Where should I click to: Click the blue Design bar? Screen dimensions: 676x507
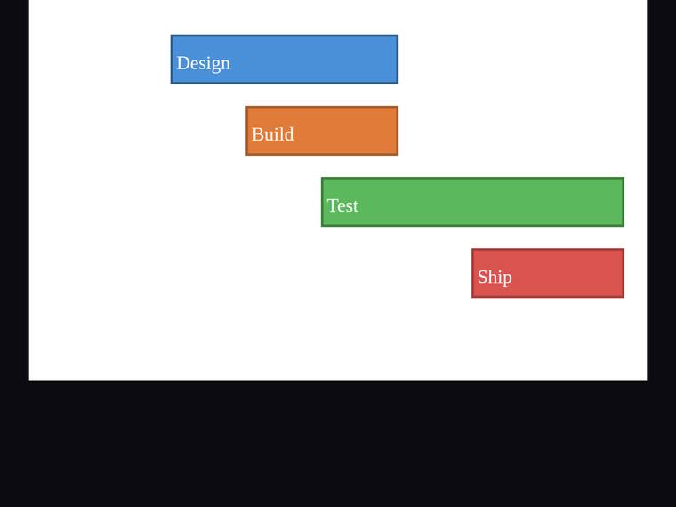(x=285, y=60)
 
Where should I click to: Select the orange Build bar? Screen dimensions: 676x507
(x=322, y=131)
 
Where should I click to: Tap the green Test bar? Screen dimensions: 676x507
(x=472, y=202)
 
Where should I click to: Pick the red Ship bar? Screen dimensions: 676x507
(x=548, y=273)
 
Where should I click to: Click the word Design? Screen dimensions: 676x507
(x=204, y=64)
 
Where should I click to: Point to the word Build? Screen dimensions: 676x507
(x=273, y=134)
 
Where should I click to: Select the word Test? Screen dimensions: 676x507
(x=342, y=205)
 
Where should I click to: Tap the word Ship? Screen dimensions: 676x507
(x=495, y=278)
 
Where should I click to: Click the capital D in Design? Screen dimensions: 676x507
(x=183, y=63)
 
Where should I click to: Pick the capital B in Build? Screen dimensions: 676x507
(x=258, y=134)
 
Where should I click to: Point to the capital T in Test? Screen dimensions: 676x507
(x=334, y=205)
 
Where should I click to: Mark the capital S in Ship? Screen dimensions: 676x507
(x=482, y=277)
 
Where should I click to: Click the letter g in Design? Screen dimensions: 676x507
(x=215, y=67)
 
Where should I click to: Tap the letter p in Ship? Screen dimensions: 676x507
(x=507, y=280)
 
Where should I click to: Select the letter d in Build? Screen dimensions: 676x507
(x=289, y=134)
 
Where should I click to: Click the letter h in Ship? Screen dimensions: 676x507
(x=493, y=277)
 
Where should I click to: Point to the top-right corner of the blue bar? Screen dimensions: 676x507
(x=398, y=36)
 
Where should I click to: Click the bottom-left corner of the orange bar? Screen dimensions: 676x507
(x=246, y=155)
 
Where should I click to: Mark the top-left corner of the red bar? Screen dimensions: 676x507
(x=472, y=249)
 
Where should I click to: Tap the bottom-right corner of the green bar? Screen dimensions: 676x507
(x=624, y=226)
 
